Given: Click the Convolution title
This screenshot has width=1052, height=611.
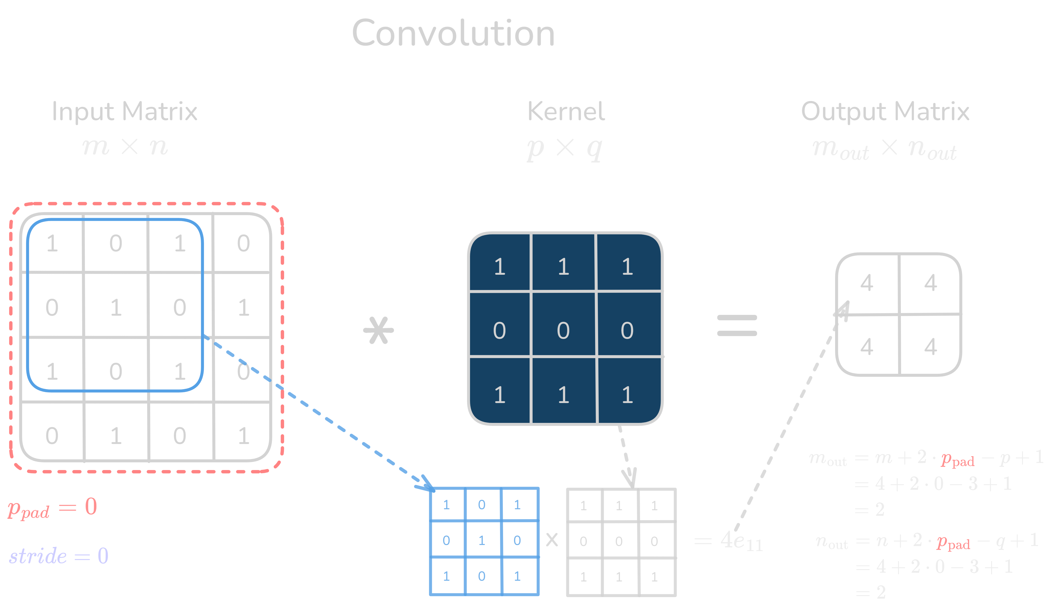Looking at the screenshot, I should pyautogui.click(x=453, y=34).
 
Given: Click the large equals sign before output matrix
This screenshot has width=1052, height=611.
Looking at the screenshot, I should pyautogui.click(x=737, y=326).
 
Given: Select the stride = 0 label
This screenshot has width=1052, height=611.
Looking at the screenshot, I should pyautogui.click(x=59, y=556).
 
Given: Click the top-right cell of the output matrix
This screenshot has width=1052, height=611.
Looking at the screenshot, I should pyautogui.click(x=930, y=283).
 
